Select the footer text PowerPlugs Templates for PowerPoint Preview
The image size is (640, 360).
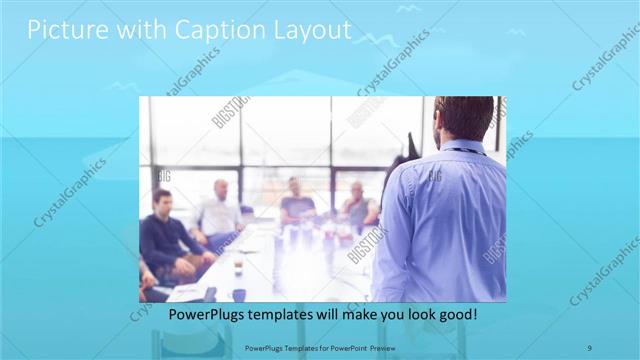[319, 347]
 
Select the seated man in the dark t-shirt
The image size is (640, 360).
[297, 204]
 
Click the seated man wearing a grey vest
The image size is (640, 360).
[358, 207]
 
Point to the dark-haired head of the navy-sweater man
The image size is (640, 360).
[160, 201]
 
